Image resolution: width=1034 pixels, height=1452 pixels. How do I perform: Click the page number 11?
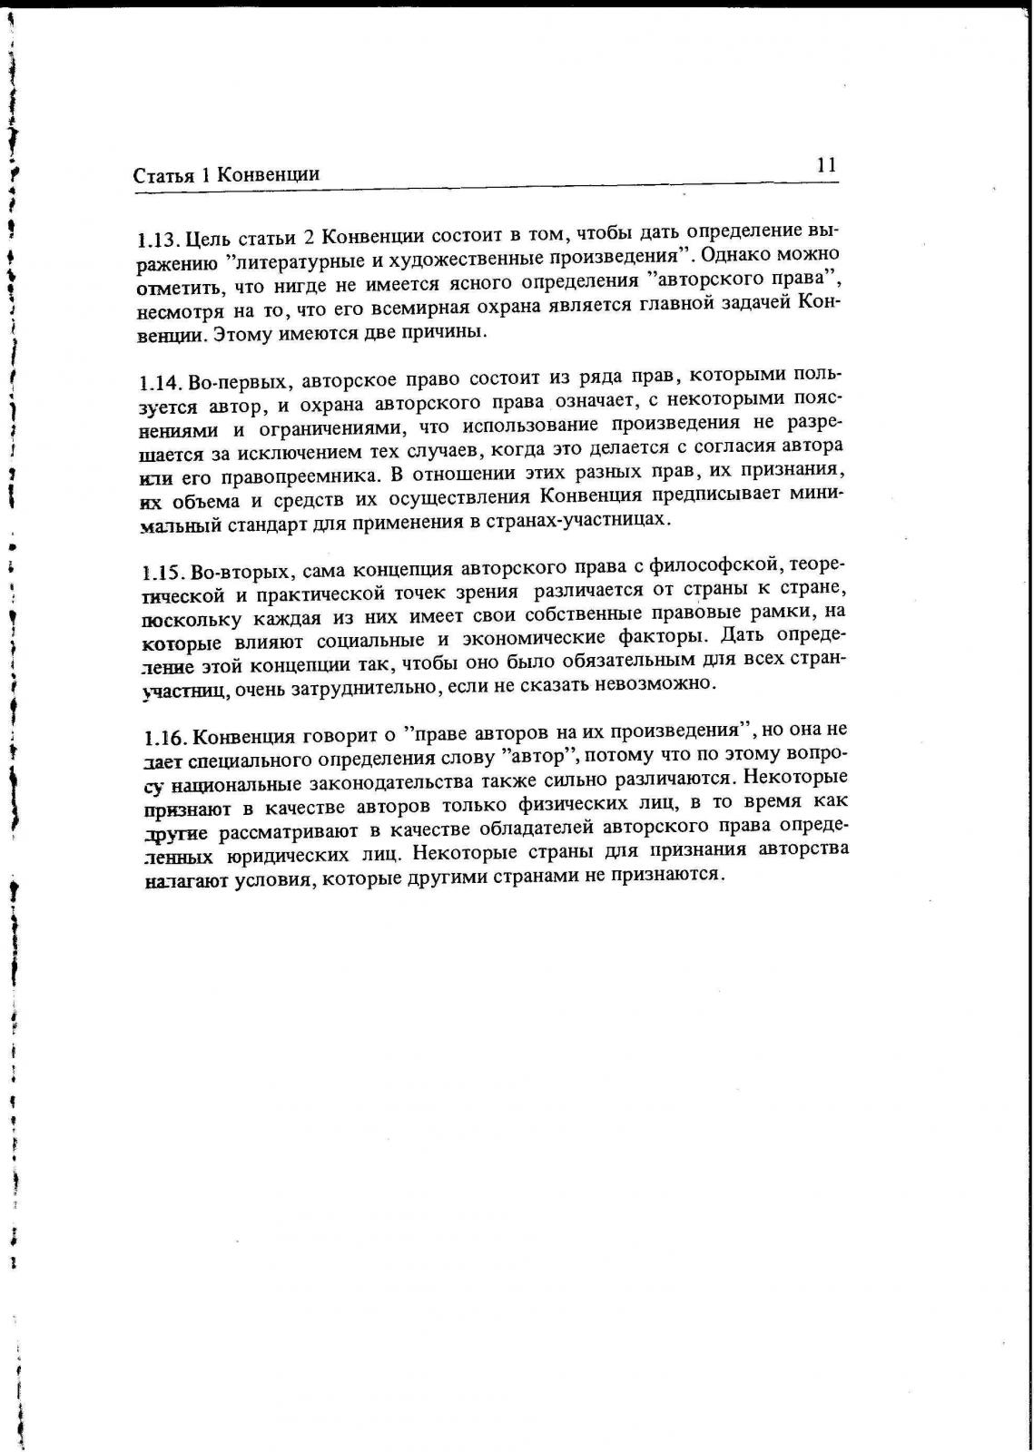[x=825, y=165]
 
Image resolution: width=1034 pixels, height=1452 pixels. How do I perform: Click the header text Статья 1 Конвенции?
[x=226, y=174]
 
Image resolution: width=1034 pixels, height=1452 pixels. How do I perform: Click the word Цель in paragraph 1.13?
[x=209, y=240]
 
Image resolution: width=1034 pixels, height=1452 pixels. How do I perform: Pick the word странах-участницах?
[x=593, y=520]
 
